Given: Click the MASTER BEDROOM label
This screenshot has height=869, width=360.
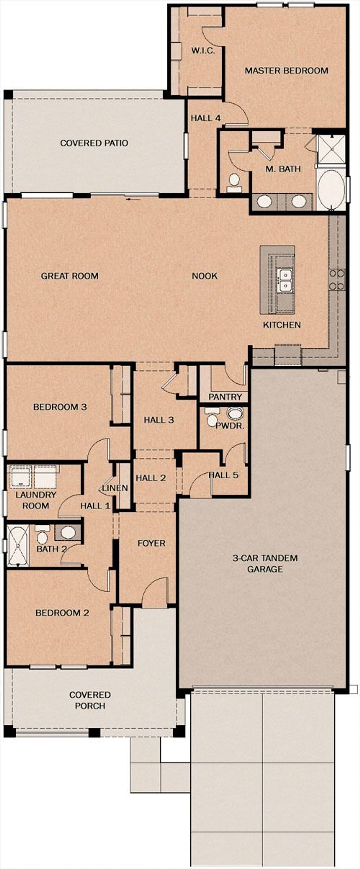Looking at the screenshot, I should [286, 71].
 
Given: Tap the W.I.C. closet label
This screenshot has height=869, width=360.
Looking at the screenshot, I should [203, 51].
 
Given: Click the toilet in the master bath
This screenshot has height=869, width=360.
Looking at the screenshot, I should [233, 182].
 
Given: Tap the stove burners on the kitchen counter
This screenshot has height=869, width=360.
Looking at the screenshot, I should [337, 280].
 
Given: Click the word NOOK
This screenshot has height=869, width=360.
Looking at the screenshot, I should [204, 276].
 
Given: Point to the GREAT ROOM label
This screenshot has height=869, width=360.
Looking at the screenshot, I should [70, 276].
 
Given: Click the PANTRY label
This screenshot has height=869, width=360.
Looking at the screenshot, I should [225, 397].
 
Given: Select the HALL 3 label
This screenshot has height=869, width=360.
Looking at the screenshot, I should [159, 420].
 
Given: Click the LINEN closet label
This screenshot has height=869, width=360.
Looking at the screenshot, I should [115, 488].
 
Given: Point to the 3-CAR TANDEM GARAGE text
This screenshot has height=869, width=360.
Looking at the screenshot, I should [265, 563].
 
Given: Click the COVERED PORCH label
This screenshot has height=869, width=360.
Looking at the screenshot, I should [90, 700].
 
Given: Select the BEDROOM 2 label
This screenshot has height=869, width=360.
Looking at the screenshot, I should [62, 613].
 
